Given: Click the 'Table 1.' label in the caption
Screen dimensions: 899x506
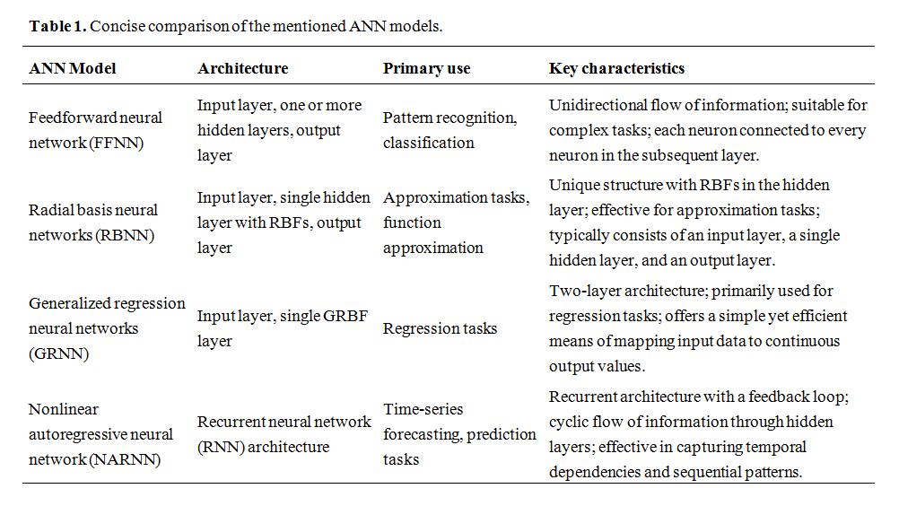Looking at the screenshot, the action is point(58,26).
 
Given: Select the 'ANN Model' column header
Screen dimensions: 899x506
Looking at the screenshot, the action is point(73,68).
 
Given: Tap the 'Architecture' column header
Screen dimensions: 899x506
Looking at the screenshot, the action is point(243,68).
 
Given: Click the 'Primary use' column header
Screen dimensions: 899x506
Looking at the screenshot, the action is point(426,69).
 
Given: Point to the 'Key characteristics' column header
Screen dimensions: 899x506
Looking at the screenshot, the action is point(617,69).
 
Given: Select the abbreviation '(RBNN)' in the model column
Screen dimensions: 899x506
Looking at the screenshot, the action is point(125,236).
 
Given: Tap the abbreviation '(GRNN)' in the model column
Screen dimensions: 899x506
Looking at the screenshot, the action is point(58,354).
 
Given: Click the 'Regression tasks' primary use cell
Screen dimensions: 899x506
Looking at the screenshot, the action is point(440,329).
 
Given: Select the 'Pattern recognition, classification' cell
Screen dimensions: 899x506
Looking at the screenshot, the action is point(450,130).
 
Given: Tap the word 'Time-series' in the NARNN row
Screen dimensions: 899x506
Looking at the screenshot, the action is point(423,409).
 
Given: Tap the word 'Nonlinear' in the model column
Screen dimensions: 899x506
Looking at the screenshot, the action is point(63,409).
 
